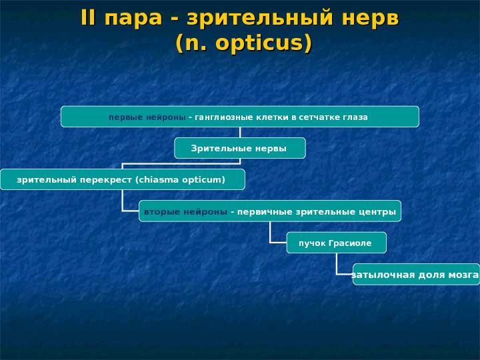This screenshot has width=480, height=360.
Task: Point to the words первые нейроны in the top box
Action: pyautogui.click(x=147, y=117)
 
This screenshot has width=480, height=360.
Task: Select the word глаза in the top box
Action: pyautogui.click(x=355, y=117)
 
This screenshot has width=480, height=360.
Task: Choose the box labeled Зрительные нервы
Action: pyautogui.click(x=239, y=148)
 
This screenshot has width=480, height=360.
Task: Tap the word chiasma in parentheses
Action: pyautogui.click(x=160, y=179)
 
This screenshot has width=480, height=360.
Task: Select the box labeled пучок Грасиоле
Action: pyautogui.click(x=336, y=243)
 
